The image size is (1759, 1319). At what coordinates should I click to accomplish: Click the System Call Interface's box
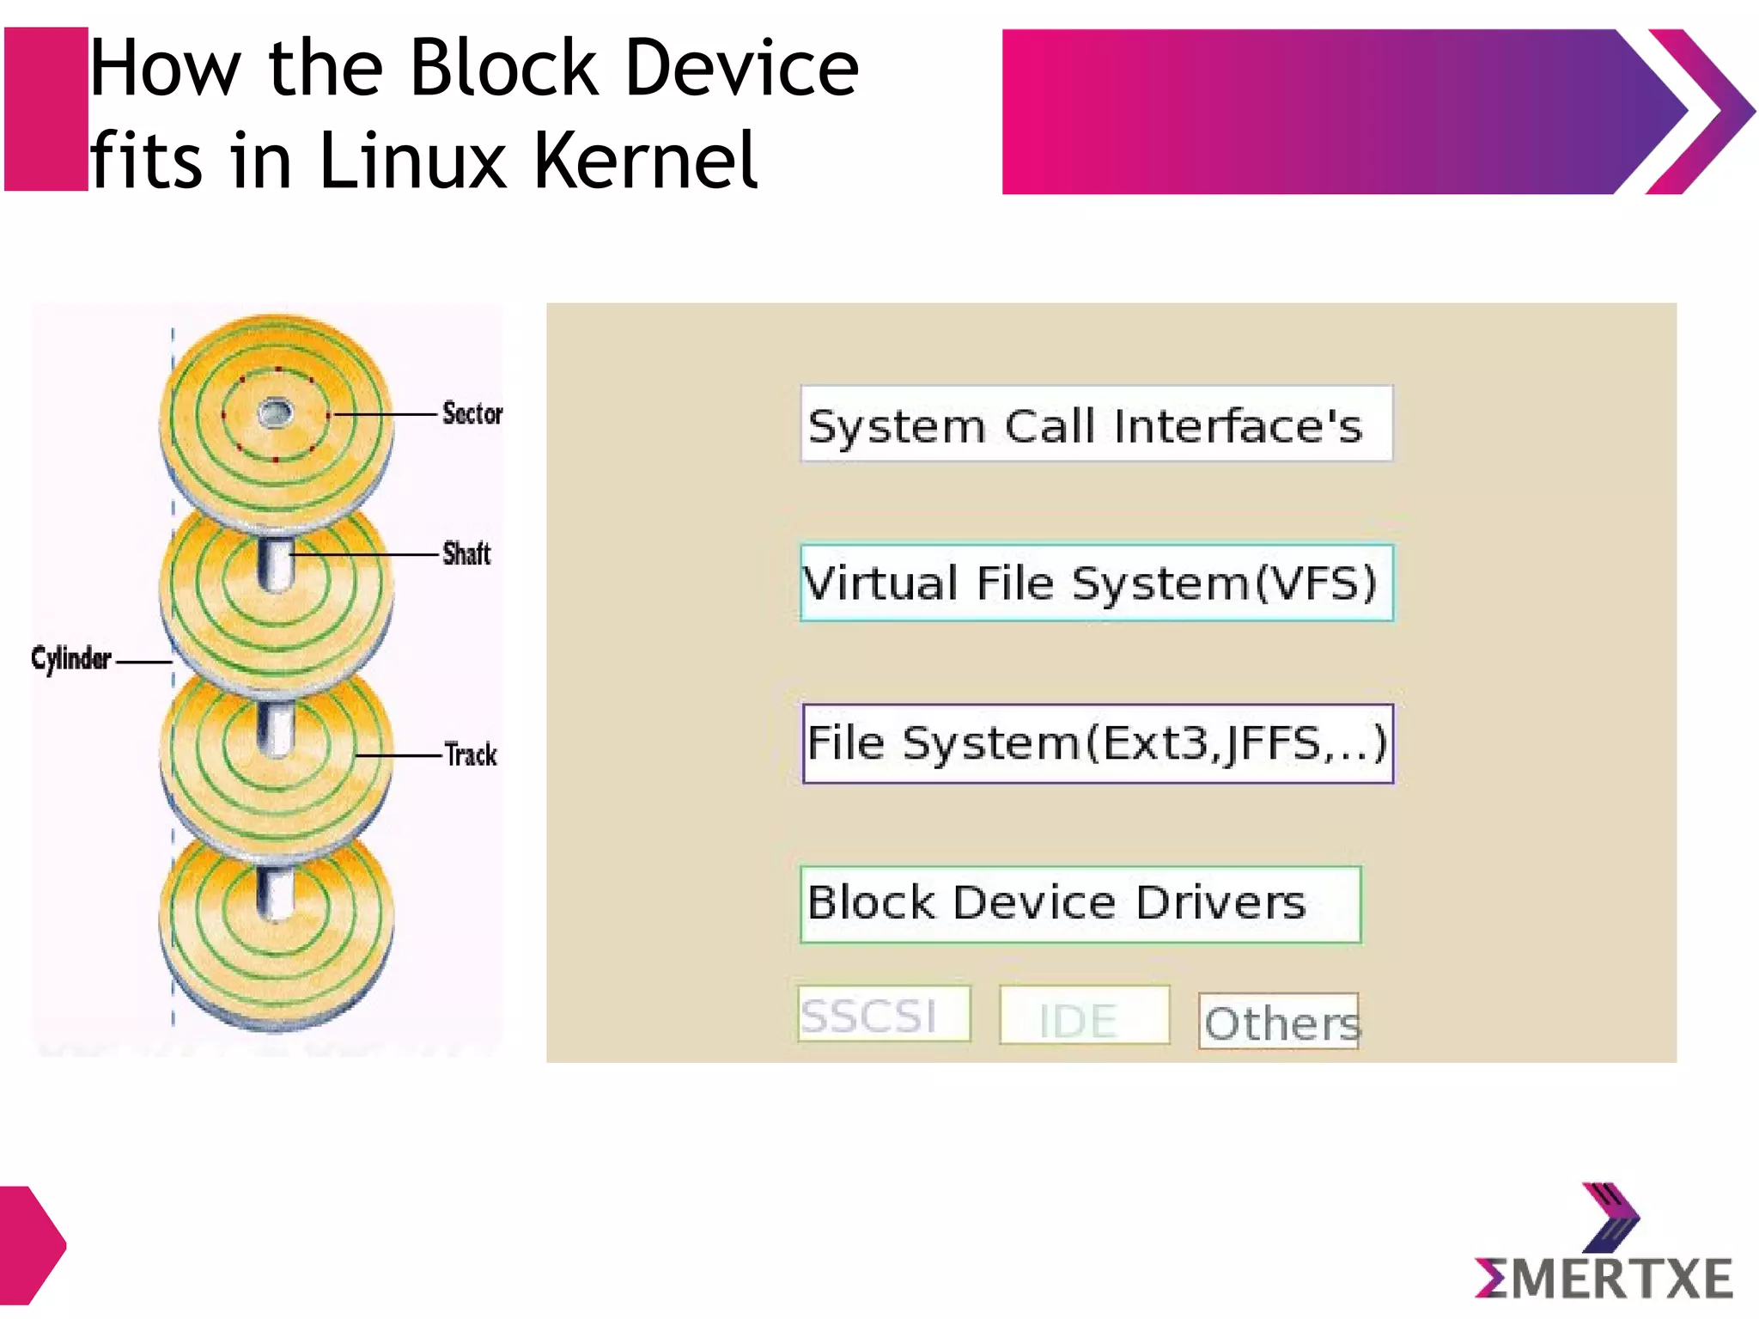pyautogui.click(x=1096, y=424)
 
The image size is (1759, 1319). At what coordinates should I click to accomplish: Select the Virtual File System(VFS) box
pyautogui.click(x=1096, y=583)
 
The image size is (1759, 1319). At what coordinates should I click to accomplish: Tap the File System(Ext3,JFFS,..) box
pyautogui.click(x=1097, y=743)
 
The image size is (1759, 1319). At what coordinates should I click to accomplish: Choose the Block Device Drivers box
pyautogui.click(x=1080, y=904)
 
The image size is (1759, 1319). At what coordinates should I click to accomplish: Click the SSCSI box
pyautogui.click(x=883, y=1014)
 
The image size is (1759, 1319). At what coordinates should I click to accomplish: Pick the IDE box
pyautogui.click(x=1084, y=1016)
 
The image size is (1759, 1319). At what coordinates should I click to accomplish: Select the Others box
pyautogui.click(x=1279, y=1021)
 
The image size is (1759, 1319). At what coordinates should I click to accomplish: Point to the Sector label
pyautogui.click(x=472, y=413)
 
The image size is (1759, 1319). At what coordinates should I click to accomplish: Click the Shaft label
pyautogui.click(x=466, y=553)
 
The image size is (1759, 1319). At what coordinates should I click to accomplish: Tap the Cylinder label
pyautogui.click(x=71, y=658)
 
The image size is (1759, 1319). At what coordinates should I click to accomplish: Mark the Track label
pyautogui.click(x=471, y=754)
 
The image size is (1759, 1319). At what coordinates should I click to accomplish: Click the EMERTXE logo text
pyautogui.click(x=1604, y=1278)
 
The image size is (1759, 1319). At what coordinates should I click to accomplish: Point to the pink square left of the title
pyautogui.click(x=46, y=109)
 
